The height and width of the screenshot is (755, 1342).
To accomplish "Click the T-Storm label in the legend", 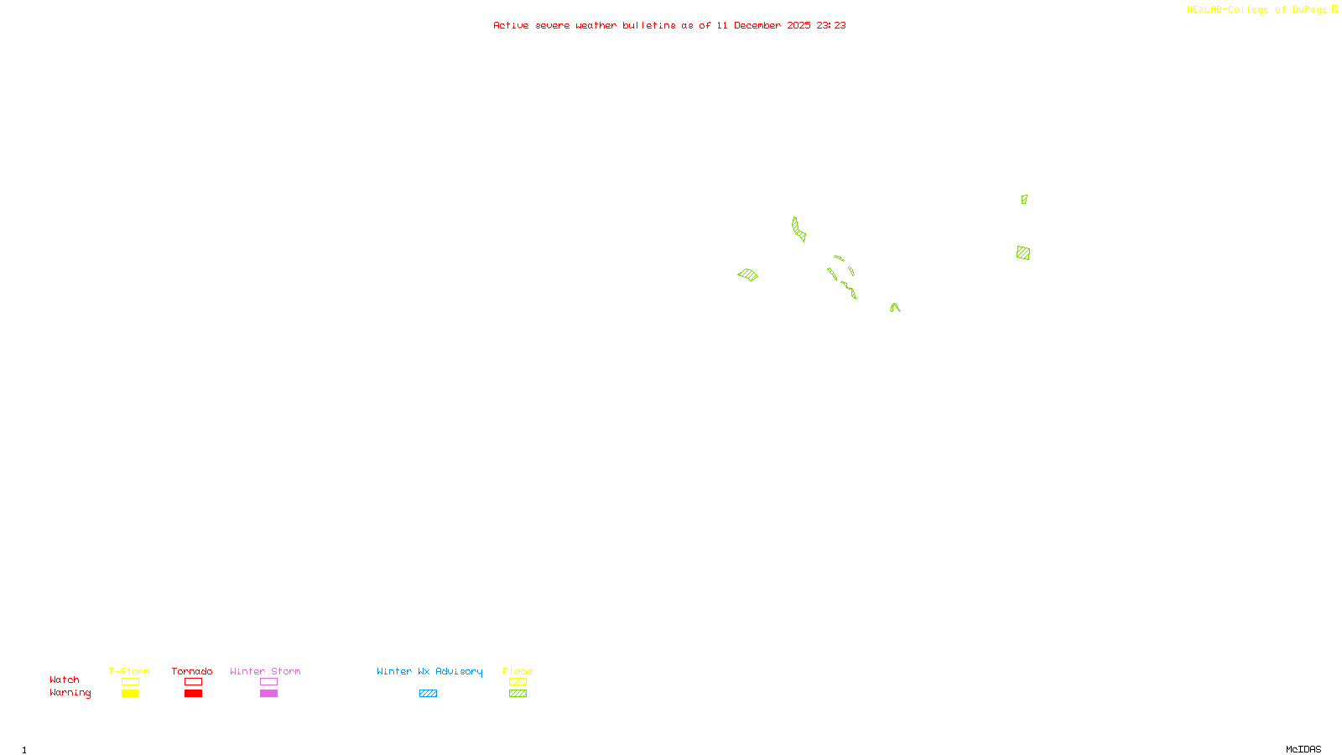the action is pos(129,671).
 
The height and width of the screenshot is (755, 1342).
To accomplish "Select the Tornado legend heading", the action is pos(192,671).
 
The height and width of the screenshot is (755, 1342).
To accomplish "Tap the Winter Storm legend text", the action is pos(265,671).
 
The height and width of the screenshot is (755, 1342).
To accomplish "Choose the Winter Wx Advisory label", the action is pos(429,671).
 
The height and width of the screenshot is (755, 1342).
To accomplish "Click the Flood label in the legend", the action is pos(518,671).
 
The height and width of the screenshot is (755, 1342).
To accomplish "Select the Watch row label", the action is pos(65,680).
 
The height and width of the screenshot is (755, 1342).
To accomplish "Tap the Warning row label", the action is pos(70,693).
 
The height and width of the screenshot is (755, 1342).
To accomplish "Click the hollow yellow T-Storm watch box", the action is pos(130,682).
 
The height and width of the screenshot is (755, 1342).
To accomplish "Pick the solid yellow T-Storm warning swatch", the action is pos(130,694).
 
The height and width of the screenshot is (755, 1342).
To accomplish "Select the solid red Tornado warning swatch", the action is pos(194,694).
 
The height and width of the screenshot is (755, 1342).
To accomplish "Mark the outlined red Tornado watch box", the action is pos(194,682).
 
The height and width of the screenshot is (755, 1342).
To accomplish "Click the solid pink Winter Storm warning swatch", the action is pos(268,694).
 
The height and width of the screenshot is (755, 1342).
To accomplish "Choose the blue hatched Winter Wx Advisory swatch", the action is pos(428,694).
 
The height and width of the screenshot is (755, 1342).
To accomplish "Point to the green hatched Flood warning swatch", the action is pos(518,694).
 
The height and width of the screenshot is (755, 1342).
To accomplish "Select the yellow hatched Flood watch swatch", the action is pos(518,682).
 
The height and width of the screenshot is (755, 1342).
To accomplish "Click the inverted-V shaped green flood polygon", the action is pos(895,308).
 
